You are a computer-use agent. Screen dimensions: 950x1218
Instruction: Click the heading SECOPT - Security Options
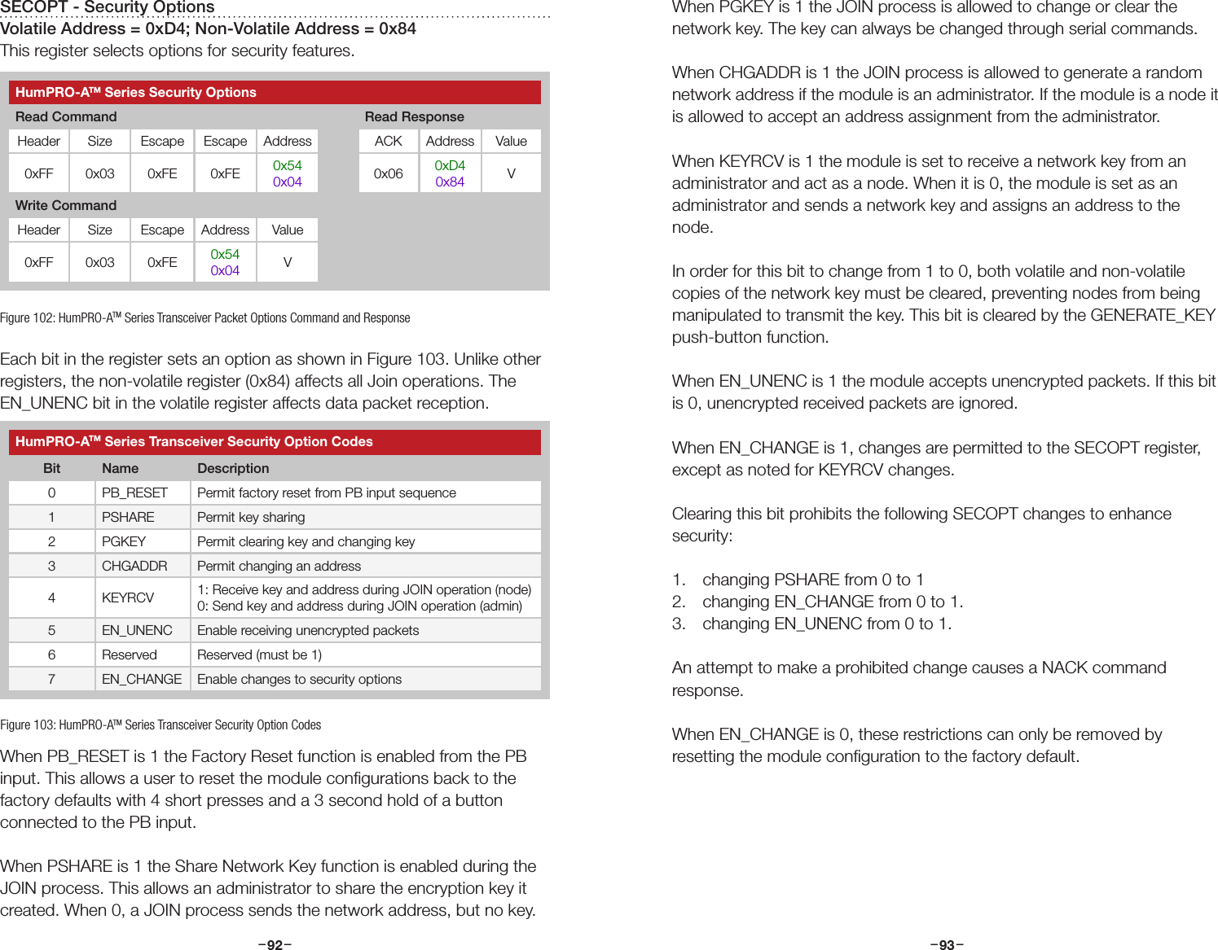pyautogui.click(x=108, y=7)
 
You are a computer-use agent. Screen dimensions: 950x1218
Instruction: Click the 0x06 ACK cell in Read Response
pyautogui.click(x=388, y=173)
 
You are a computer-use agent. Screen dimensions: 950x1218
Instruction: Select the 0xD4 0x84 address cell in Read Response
pyautogui.click(x=450, y=173)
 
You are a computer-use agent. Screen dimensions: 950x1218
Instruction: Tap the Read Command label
pyautogui.click(x=66, y=116)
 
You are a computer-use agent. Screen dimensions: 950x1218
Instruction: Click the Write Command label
pyautogui.click(x=66, y=205)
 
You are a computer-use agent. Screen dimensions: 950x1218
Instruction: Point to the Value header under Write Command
pyautogui.click(x=287, y=230)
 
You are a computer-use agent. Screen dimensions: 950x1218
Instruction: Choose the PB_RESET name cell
pyautogui.click(x=134, y=493)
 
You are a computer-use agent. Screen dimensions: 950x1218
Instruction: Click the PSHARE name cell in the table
pyautogui.click(x=128, y=517)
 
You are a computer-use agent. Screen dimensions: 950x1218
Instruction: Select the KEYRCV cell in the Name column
pyautogui.click(x=128, y=598)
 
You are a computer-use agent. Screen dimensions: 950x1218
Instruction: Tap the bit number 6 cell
pyautogui.click(x=51, y=654)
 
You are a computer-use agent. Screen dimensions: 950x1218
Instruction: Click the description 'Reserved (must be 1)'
pyautogui.click(x=259, y=654)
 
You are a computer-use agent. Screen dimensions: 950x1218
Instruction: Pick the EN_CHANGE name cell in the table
pyautogui.click(x=142, y=679)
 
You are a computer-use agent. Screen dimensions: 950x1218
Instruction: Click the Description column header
pyautogui.click(x=233, y=468)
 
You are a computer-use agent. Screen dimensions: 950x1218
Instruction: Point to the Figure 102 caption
pyautogui.click(x=204, y=317)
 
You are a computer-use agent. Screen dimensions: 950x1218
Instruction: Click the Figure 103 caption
pyautogui.click(x=160, y=725)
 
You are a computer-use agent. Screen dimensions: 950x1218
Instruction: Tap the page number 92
pyautogui.click(x=275, y=944)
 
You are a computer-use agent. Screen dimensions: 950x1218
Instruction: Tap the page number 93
pyautogui.click(x=947, y=944)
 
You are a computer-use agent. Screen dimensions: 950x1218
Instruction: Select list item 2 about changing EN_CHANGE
pyautogui.click(x=831, y=602)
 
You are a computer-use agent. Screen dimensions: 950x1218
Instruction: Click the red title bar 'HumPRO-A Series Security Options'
pyautogui.click(x=275, y=92)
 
